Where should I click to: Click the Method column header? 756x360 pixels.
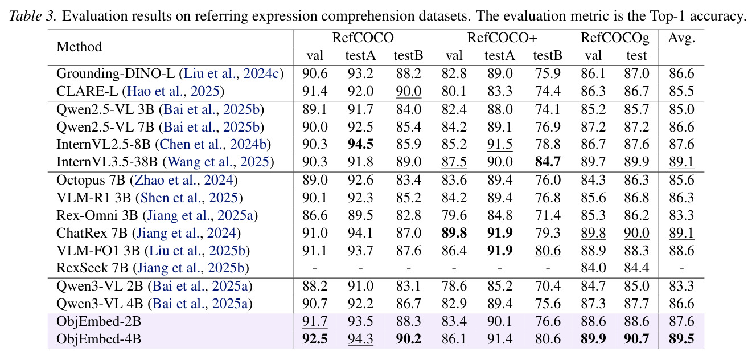click(x=79, y=47)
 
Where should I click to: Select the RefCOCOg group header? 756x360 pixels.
click(x=615, y=38)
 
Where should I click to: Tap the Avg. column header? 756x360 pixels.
click(x=681, y=38)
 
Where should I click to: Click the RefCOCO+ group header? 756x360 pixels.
click(x=502, y=38)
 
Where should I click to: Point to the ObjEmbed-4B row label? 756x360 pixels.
click(x=98, y=339)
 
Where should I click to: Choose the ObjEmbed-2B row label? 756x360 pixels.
click(x=98, y=321)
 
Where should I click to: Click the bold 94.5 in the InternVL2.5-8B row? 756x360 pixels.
click(x=360, y=144)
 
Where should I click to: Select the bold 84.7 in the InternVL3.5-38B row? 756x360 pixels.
click(x=548, y=162)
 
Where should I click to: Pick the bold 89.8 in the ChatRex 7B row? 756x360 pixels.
click(x=454, y=233)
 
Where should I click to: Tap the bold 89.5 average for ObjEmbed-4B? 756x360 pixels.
click(x=681, y=339)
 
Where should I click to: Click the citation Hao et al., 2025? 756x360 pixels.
click(x=173, y=91)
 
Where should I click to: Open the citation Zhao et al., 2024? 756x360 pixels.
click(x=184, y=180)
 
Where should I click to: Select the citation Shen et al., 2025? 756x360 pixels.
click(x=189, y=198)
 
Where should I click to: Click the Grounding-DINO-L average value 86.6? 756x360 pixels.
click(x=681, y=73)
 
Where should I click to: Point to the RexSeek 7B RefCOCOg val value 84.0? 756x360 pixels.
click(x=593, y=268)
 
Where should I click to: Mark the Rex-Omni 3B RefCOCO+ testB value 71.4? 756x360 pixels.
click(x=548, y=215)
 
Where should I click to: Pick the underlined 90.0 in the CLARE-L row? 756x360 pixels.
click(x=408, y=91)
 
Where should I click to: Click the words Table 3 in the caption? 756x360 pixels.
click(x=32, y=16)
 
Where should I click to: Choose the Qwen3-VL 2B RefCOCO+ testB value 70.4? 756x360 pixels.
click(x=548, y=286)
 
